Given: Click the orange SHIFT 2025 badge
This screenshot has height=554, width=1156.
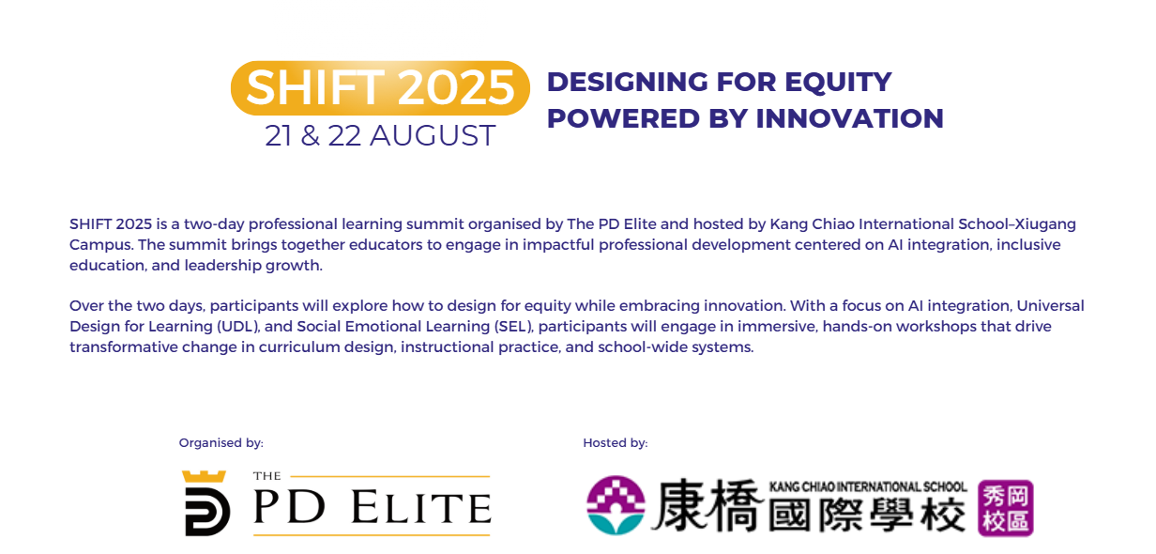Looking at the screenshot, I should pos(380,88).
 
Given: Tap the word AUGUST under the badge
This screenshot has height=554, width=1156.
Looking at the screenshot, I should pos(433,136).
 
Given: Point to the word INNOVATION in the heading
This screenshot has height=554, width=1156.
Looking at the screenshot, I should pos(849,119).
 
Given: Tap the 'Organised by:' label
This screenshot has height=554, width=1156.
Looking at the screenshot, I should pos(221,443).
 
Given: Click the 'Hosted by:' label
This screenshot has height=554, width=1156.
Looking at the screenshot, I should pos(615,443).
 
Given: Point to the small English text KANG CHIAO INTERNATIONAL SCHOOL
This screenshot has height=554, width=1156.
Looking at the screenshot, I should pos(867,486).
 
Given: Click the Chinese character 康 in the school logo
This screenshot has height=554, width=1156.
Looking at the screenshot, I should pos(688,507).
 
